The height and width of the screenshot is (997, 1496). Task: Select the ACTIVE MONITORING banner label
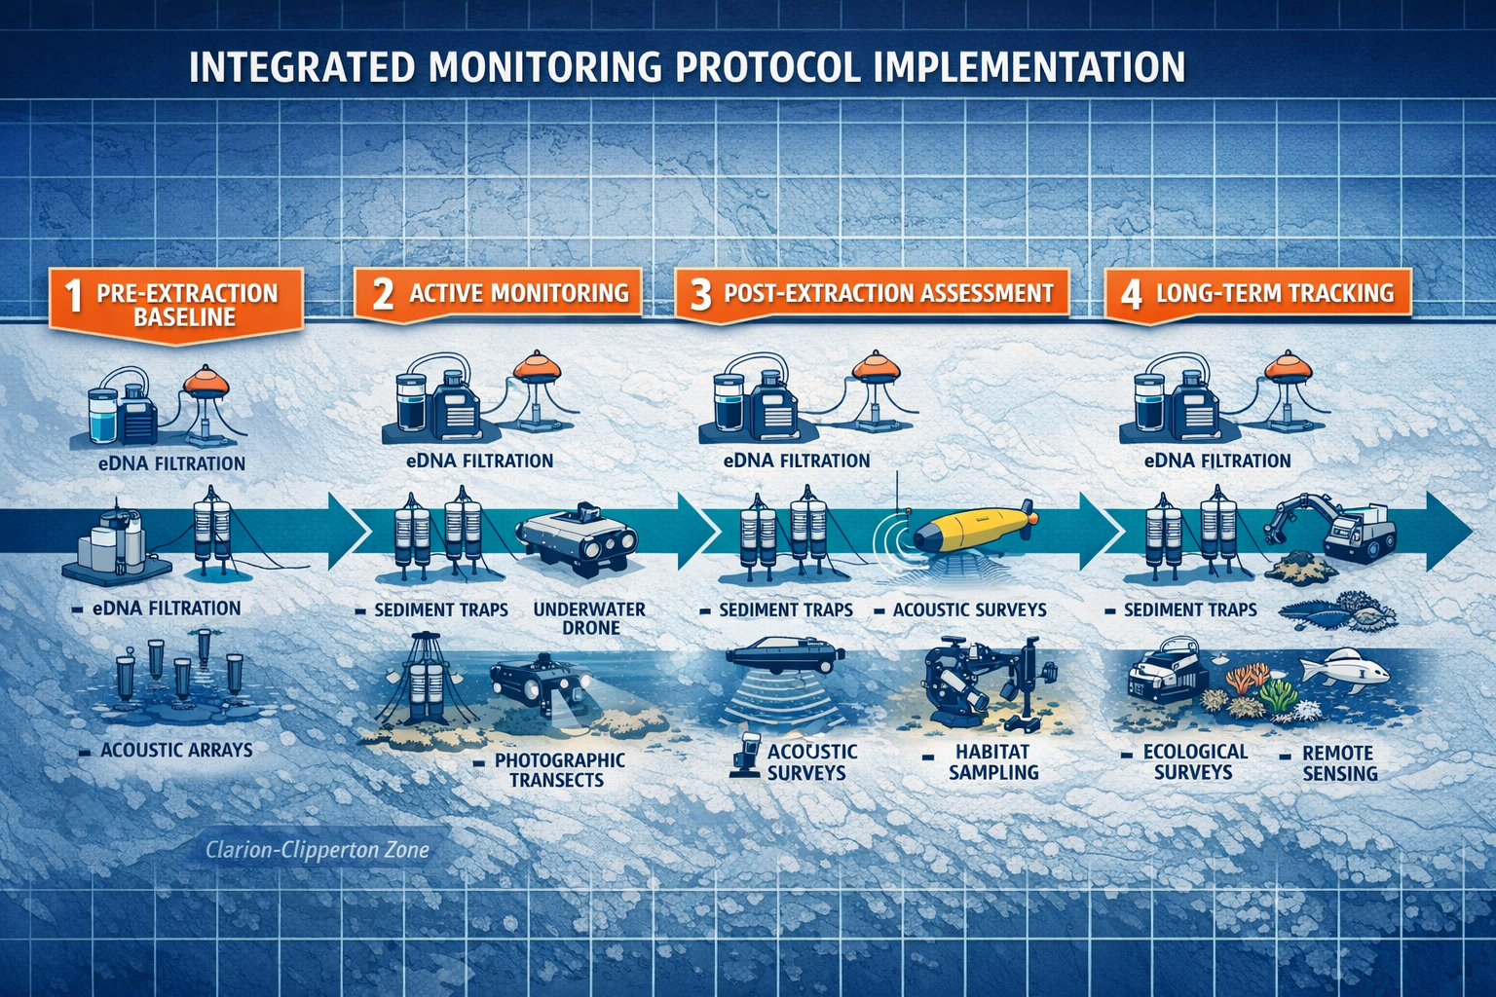(x=518, y=293)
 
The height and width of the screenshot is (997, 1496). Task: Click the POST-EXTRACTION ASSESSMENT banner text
(x=887, y=293)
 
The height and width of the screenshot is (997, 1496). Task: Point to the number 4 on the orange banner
(x=1131, y=294)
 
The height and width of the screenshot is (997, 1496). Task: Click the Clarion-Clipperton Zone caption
(x=318, y=850)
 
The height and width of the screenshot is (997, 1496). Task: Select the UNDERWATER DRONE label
(x=589, y=618)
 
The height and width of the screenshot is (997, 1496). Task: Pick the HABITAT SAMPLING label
(x=993, y=762)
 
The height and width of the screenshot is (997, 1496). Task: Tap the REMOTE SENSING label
(x=1339, y=763)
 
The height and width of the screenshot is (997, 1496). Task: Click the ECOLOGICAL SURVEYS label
(x=1194, y=762)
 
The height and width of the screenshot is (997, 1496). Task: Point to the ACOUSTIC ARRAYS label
(x=176, y=751)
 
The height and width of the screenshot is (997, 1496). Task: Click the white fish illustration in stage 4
(x=1345, y=670)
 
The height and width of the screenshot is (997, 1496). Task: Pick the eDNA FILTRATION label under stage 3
(x=797, y=461)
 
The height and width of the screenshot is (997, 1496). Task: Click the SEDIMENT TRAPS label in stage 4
(x=1189, y=610)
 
